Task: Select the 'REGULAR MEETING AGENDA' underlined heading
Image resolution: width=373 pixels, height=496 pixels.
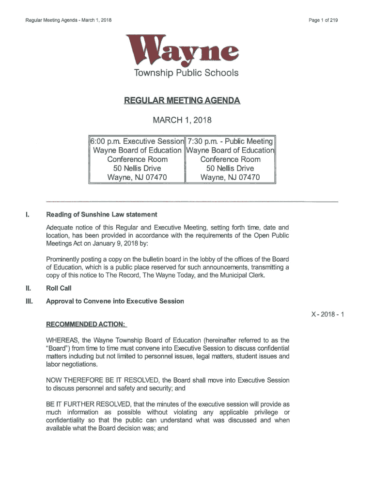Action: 182,101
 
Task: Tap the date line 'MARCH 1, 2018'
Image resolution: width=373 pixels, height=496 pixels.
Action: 182,120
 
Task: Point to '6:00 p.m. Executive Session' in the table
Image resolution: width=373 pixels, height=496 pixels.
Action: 138,141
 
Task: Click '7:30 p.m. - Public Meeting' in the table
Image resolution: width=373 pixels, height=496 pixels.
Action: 230,141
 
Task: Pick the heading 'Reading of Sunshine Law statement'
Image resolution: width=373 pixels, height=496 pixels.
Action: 101,215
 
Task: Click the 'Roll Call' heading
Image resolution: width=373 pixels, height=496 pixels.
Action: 59,288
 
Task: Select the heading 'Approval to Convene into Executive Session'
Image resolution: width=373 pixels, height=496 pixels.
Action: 115,301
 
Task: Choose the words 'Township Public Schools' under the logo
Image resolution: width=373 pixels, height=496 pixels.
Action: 182,73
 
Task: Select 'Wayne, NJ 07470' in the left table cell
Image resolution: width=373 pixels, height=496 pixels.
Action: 137,177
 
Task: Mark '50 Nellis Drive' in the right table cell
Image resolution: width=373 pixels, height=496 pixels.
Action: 230,168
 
